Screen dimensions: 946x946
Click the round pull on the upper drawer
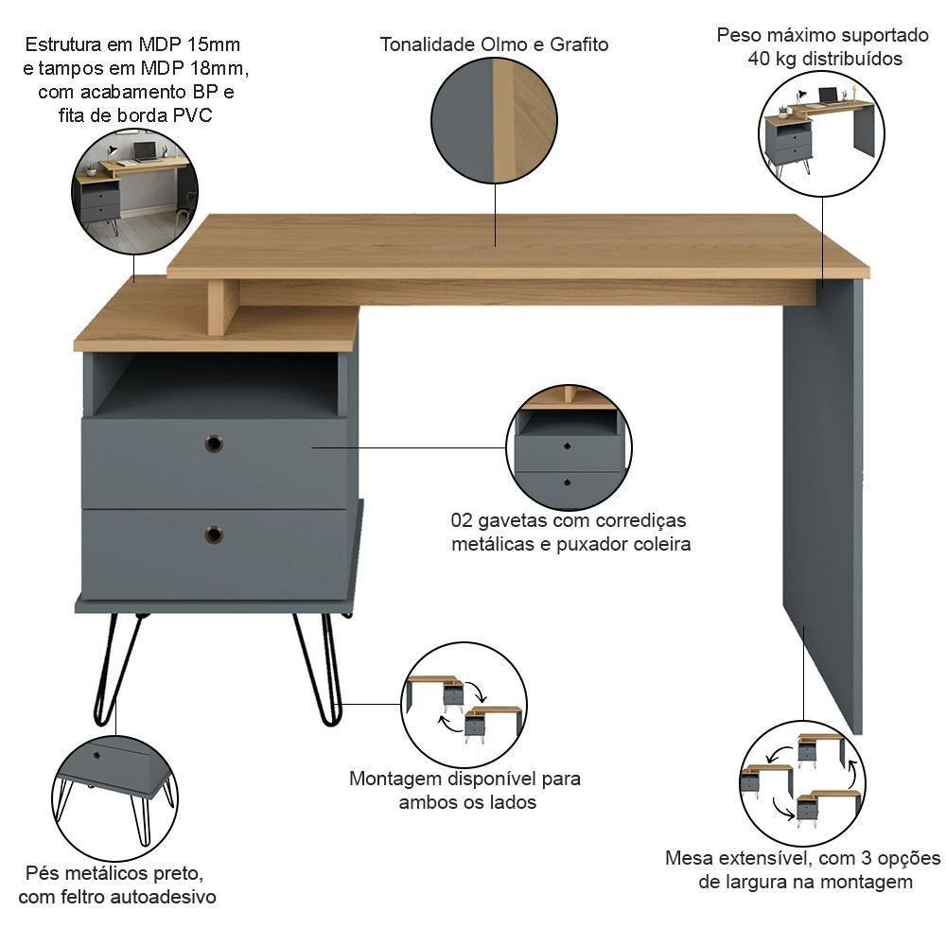pos(214,443)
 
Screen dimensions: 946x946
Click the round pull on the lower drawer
pos(214,534)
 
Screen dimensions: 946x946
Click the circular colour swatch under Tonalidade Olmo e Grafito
pos(494,120)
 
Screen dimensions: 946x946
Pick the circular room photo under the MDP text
pos(134,193)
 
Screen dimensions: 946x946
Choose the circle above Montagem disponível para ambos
pos(464,705)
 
